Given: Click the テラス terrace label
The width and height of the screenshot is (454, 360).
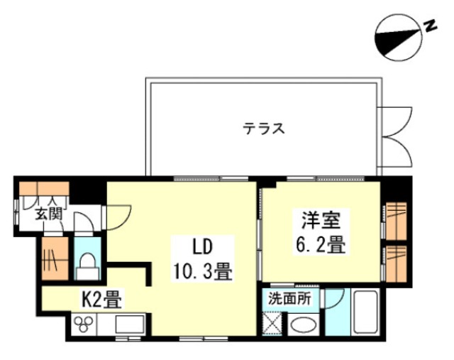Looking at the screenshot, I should [x=265, y=129].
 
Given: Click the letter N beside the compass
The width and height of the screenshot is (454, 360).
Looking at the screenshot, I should [x=429, y=26].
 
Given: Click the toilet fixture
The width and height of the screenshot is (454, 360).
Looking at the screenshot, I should [x=89, y=266].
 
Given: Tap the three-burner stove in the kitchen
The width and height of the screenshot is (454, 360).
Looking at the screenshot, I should [x=85, y=324].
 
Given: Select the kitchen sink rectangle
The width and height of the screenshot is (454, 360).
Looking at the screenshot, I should [x=128, y=325].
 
